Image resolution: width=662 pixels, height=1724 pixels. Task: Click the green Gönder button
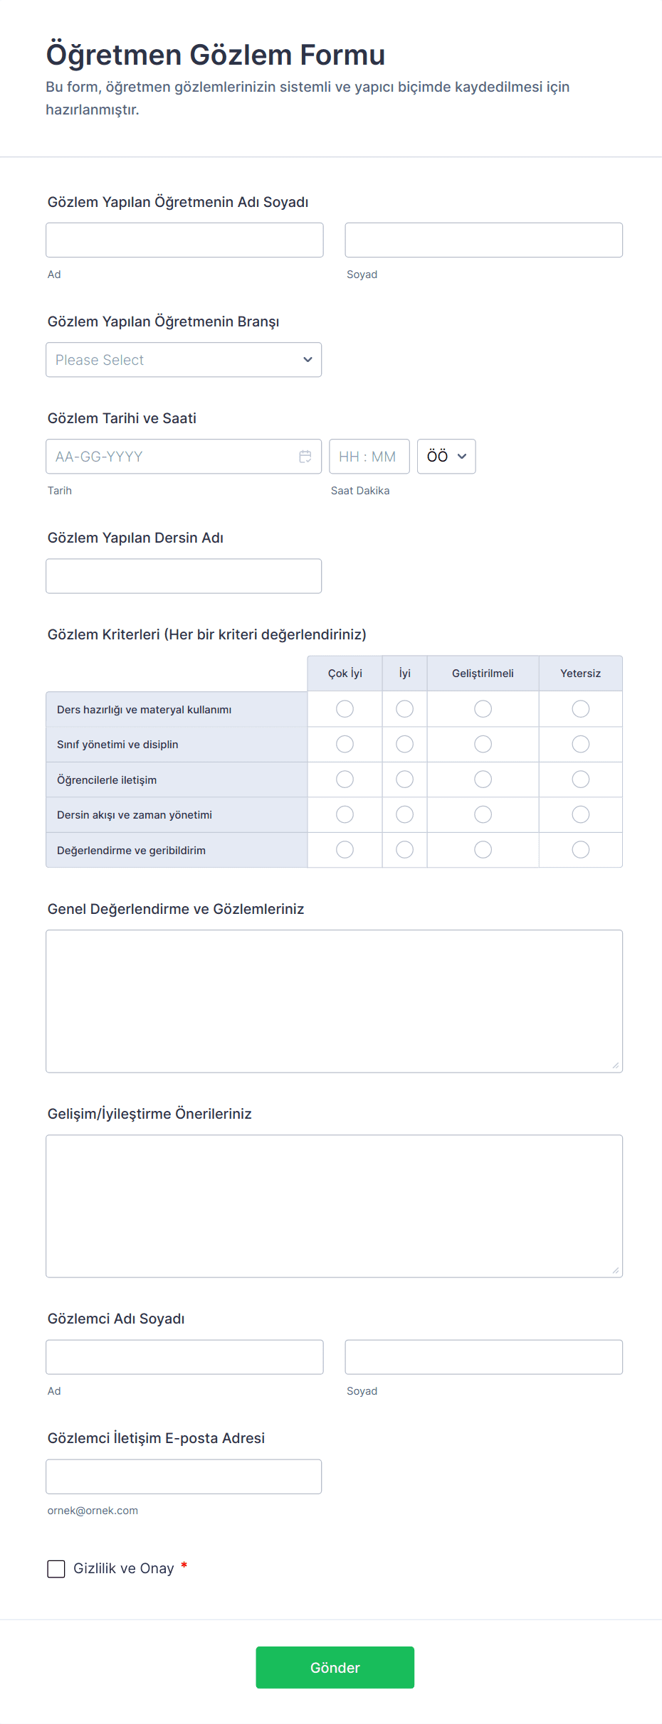tap(335, 1667)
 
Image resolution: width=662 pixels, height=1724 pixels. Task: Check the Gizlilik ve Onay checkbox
tap(56, 1568)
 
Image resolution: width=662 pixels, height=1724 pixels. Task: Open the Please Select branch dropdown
tap(184, 360)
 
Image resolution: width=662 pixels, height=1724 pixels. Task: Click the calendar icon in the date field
tap(305, 457)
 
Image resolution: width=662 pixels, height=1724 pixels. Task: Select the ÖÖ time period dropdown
tap(446, 457)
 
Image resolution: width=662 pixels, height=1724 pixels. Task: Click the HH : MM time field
tap(369, 457)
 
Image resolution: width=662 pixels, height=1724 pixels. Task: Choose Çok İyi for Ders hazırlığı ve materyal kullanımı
tap(345, 709)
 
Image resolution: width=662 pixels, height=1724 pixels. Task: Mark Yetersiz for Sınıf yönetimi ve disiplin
tap(581, 744)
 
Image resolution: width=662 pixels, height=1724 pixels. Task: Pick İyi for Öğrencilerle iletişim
tap(404, 779)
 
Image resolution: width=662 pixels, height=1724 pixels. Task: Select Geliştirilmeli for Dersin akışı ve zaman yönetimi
tap(483, 814)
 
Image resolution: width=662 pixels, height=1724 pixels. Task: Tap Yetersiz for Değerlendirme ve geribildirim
tap(581, 850)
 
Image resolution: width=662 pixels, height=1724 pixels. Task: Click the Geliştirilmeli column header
tap(483, 674)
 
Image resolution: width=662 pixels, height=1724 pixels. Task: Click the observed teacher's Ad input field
tap(184, 240)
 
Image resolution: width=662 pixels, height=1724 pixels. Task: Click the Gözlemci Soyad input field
tap(483, 1357)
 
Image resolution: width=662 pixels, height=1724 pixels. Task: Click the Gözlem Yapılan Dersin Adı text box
tap(184, 576)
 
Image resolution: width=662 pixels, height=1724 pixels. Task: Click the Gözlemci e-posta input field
tap(184, 1476)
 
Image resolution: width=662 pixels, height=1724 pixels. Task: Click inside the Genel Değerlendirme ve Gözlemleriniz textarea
tap(334, 1001)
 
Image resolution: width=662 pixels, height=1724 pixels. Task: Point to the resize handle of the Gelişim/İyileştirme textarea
tap(616, 1270)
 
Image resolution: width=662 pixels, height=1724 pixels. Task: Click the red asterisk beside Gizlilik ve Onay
tap(184, 1565)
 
